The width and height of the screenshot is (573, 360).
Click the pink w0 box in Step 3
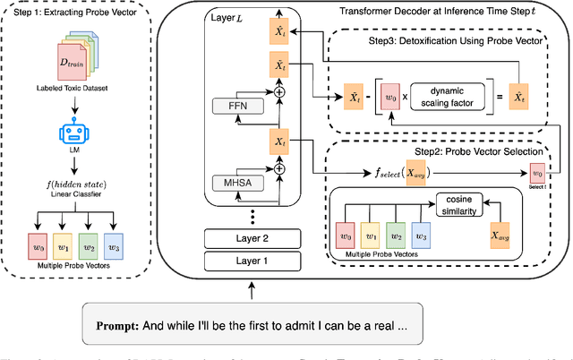coord(387,97)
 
